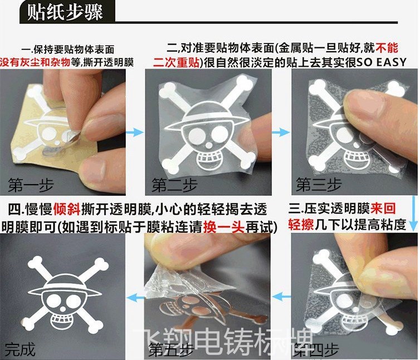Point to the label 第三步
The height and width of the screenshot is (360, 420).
coord(319,184)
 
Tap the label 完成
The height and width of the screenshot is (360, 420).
coord(20,350)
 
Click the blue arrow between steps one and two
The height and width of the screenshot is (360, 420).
coord(133,132)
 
